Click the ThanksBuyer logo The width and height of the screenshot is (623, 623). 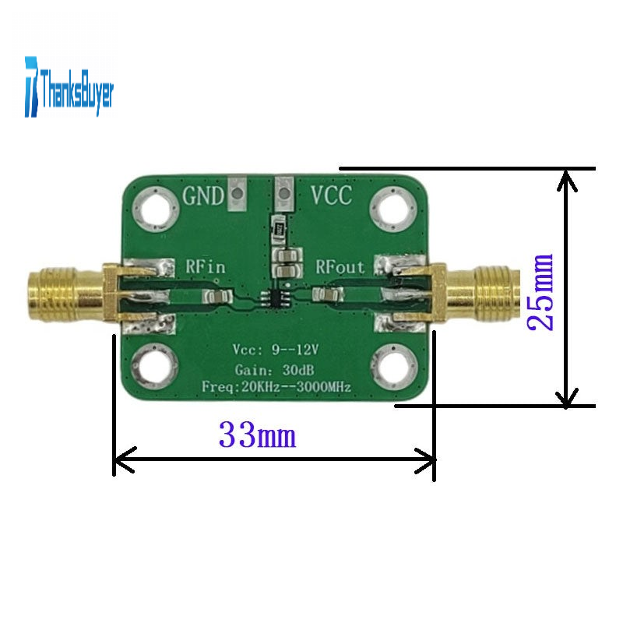[x=69, y=86]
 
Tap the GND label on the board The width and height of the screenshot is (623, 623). [x=203, y=196]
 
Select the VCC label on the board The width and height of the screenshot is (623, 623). [x=332, y=195]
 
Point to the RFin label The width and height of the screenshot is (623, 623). [x=206, y=266]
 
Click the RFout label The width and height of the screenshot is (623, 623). [x=340, y=266]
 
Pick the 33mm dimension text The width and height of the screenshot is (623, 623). [x=258, y=435]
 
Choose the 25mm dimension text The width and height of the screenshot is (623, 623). [x=540, y=292]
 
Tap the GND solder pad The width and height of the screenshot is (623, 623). [x=238, y=193]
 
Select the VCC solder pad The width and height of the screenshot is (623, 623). [x=284, y=193]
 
